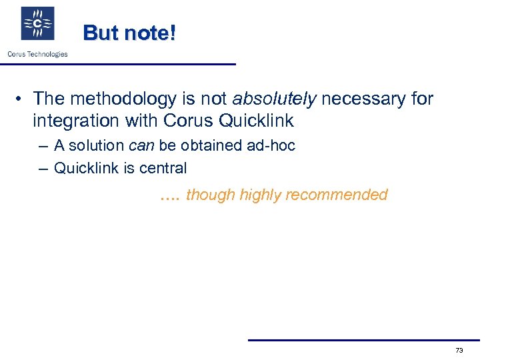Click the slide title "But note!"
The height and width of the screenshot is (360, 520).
point(129,33)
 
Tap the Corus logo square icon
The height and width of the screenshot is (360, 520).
point(38,24)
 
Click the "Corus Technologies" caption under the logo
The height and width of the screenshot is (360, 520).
point(37,54)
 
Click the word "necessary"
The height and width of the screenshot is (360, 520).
point(361,99)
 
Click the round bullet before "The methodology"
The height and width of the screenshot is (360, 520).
point(21,100)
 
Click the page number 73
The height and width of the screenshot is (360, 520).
point(459,350)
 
